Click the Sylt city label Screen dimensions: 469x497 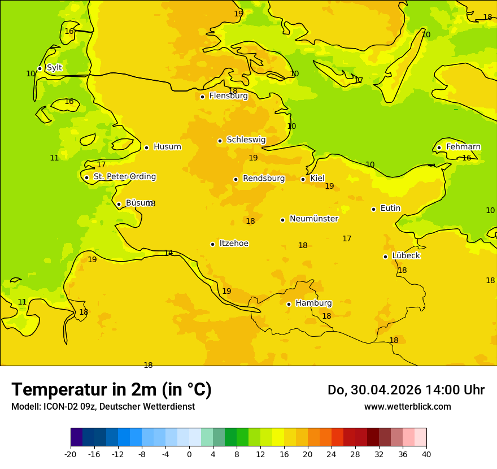pos(54,68)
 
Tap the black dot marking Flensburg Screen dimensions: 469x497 pos(202,97)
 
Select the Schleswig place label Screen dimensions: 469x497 pos(246,140)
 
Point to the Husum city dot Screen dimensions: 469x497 pos(146,147)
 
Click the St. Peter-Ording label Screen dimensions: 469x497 pos(124,177)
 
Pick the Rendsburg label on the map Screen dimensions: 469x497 pos(264,179)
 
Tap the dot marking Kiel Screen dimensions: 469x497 pos(303,179)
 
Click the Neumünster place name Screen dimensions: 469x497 pos(313,219)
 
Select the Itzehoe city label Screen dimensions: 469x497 pos(234,244)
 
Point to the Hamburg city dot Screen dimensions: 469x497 pos(289,304)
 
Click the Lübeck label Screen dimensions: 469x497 pos(406,255)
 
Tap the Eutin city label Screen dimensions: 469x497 pos(390,209)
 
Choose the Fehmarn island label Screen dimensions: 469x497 pos(463,147)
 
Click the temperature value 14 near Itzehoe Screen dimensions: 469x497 pos(168,253)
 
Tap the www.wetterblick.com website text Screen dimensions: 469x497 pos(407,406)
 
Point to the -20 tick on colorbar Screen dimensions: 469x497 pos(71,454)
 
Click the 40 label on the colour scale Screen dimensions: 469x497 pos(426,454)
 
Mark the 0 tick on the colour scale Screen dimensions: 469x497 pos(189,454)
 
